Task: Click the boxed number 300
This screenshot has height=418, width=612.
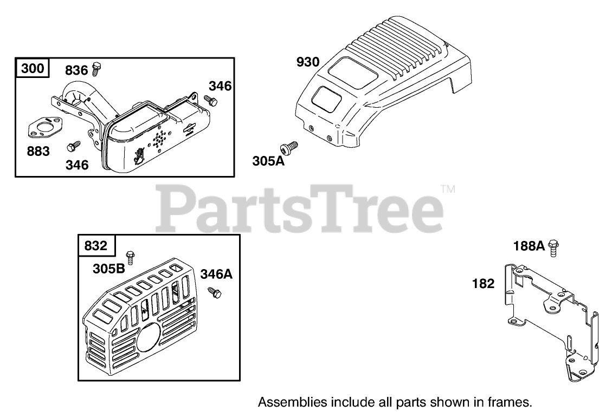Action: pyautogui.click(x=33, y=69)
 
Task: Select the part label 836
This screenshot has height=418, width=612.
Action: pyautogui.click(x=76, y=70)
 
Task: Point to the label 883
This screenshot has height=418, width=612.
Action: pyautogui.click(x=38, y=151)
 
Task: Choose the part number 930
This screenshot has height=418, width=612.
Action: pyautogui.click(x=308, y=62)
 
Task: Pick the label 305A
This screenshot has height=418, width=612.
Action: pyautogui.click(x=268, y=161)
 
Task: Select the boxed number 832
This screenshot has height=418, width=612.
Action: pyautogui.click(x=96, y=246)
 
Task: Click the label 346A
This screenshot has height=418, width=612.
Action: pyautogui.click(x=216, y=274)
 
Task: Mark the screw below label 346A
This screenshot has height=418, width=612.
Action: pyautogui.click(x=215, y=292)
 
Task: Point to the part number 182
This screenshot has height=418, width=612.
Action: pyautogui.click(x=484, y=283)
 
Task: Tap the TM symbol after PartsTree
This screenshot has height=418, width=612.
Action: pyautogui.click(x=448, y=189)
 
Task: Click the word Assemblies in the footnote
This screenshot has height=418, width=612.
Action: pyautogui.click(x=292, y=402)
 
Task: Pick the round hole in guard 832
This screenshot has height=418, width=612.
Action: pyautogui.click(x=146, y=338)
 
